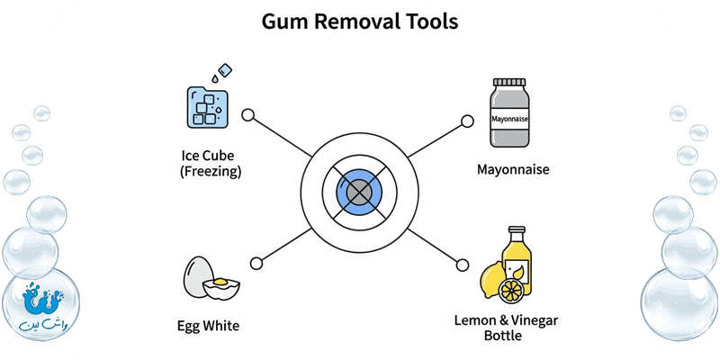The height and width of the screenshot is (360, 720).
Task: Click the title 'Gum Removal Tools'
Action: tap(359, 22)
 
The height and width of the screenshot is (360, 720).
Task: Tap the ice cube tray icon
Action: tap(207, 105)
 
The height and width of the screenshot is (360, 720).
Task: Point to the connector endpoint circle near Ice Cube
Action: tap(249, 117)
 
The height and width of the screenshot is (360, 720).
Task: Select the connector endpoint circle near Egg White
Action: tap(256, 263)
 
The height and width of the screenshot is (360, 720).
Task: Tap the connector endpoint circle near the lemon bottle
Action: tap(463, 263)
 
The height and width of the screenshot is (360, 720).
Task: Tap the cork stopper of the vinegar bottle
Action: tap(516, 230)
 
